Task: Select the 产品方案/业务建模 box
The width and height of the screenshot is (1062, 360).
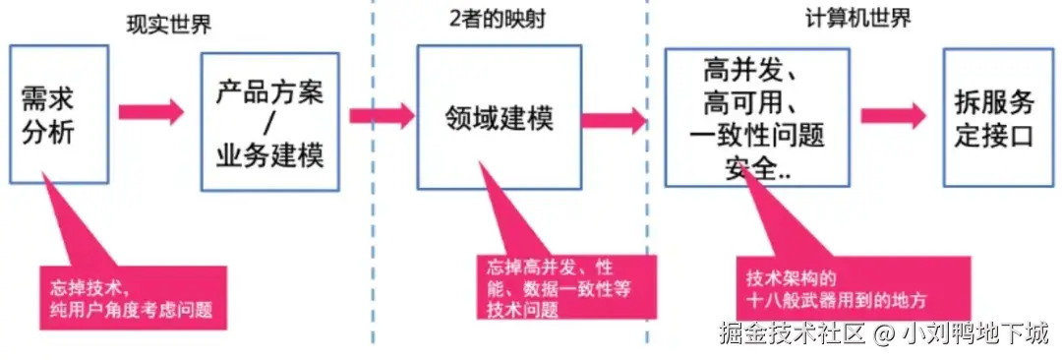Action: [269, 122]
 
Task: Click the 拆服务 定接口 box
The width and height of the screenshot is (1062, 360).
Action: [995, 117]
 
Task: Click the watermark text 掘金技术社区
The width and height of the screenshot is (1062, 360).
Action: [793, 332]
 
